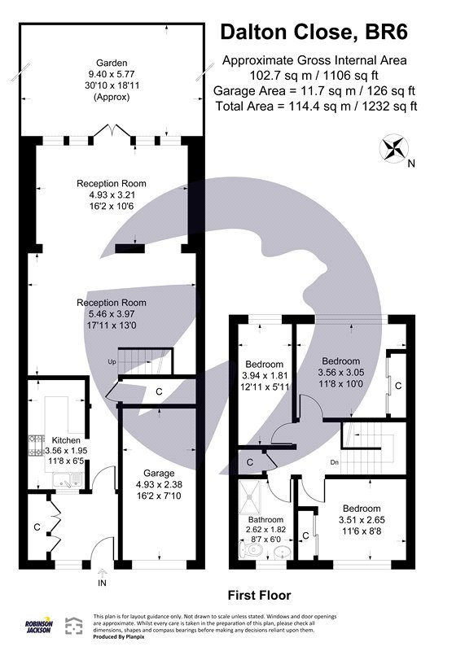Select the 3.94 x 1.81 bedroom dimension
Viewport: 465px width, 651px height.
click(265, 375)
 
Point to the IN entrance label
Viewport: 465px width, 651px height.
click(101, 583)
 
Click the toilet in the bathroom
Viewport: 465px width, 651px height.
click(251, 551)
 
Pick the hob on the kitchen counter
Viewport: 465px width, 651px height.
click(37, 443)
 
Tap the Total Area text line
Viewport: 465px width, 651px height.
click(316, 106)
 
